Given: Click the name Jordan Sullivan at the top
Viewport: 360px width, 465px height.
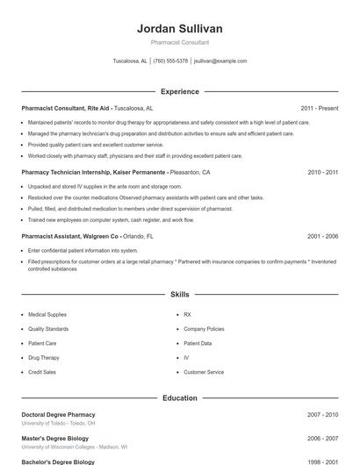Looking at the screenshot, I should pos(180,29).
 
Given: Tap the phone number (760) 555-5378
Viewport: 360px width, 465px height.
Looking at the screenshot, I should pos(170,61).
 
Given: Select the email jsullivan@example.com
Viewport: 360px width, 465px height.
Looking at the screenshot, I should pos(220,61).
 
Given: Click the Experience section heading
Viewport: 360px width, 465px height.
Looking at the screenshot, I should pos(180,91).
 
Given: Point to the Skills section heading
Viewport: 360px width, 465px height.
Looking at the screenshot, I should pos(180,294).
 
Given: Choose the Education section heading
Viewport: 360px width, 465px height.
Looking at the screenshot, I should pos(180,397).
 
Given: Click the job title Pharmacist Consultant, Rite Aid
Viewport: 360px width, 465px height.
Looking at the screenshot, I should pos(67,108).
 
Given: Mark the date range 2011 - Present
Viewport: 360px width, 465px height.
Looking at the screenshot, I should pos(319,108).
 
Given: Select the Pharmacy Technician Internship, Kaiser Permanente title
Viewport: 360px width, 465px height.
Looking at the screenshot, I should pos(93,173).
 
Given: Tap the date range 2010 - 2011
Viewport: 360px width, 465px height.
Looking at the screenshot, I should pos(322,173).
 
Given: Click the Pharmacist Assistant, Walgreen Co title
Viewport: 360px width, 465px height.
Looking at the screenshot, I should pos(70,236).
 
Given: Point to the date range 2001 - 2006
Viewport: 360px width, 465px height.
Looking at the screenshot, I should pos(322,236).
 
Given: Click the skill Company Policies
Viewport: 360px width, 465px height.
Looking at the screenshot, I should pos(203,329).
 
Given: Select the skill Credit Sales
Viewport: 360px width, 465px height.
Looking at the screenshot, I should pos(42,373).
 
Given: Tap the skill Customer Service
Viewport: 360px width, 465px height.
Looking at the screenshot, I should pos(204,373).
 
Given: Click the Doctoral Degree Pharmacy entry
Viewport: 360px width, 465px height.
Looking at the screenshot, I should pos(58,414).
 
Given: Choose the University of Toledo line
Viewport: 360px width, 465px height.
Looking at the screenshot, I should pos(58,423).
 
